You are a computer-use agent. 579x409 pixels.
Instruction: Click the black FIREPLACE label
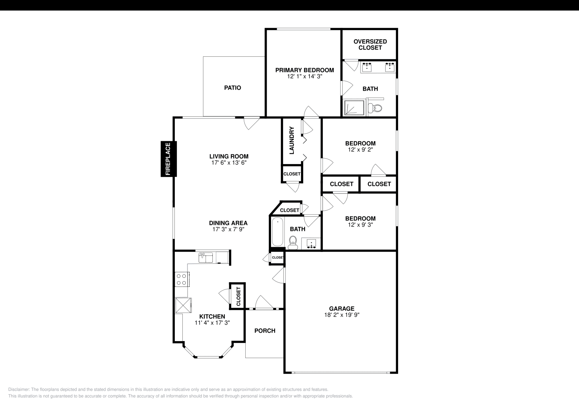tap(168, 159)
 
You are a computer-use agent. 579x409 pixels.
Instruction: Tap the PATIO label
tap(232, 88)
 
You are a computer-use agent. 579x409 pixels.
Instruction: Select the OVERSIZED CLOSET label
tap(370, 44)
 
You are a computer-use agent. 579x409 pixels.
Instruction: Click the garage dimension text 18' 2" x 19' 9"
tap(342, 315)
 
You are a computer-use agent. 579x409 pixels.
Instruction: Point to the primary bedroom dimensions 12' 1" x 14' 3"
tap(304, 77)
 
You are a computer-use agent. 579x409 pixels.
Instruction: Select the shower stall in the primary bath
tap(354, 108)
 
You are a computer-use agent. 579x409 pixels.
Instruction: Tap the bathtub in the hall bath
tap(277, 232)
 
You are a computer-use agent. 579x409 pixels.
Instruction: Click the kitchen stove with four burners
tap(181, 279)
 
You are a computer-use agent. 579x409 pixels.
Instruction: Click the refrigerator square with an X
tap(183, 306)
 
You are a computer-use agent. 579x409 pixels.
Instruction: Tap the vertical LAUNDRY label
tap(292, 140)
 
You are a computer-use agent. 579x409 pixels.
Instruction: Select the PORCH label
tap(265, 331)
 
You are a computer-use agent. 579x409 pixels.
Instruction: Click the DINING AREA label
tap(228, 223)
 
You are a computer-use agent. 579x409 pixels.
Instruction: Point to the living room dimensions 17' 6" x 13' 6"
tap(229, 163)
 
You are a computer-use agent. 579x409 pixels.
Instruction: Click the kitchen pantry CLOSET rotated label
tap(238, 297)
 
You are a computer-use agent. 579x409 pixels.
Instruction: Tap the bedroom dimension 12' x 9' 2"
tap(360, 149)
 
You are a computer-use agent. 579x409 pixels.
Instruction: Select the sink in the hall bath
tap(312, 244)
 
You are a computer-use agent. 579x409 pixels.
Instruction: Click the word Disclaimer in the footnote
tap(18, 389)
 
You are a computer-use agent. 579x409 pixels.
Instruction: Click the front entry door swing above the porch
tap(263, 303)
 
